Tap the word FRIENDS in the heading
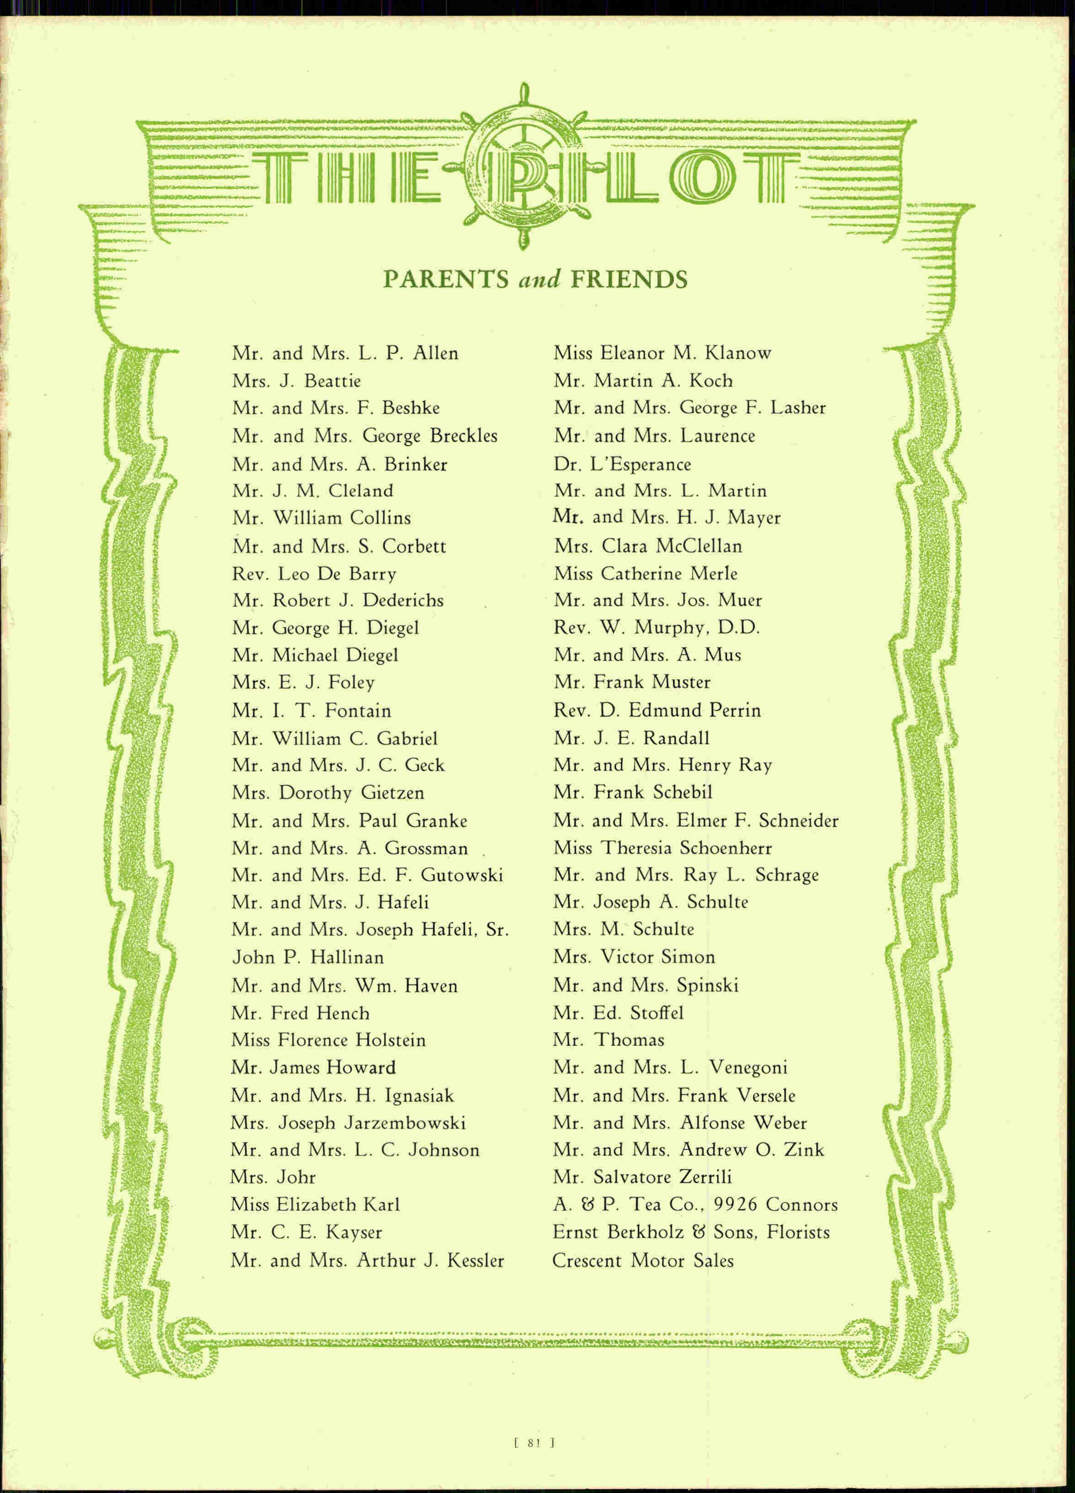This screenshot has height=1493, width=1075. click(x=629, y=280)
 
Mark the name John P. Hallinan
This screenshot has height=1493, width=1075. click(x=307, y=956)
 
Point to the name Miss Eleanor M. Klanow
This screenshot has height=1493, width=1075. click(x=662, y=353)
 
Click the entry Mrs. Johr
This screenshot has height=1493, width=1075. click(x=273, y=1177)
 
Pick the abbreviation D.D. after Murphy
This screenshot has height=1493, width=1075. click(x=738, y=628)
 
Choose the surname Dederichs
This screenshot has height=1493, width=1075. click(x=403, y=600)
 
